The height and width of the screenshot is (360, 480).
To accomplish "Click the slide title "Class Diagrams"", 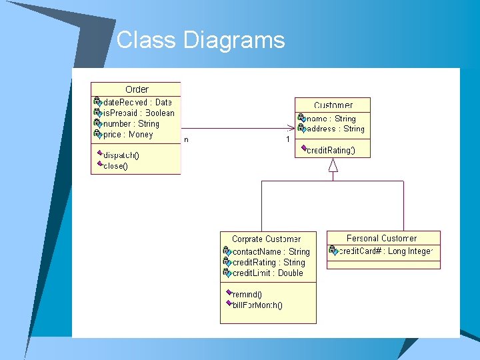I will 201,41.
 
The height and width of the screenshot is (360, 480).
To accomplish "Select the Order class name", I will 137,89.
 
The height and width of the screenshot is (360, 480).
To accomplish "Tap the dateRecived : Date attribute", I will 137,102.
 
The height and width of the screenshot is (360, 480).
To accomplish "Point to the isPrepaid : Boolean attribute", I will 138,113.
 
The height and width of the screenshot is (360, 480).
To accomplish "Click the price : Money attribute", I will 128,134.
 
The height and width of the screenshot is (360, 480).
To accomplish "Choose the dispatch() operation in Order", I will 121,155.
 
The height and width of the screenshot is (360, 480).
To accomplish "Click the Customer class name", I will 333,105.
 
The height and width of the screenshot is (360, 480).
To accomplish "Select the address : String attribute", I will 335,129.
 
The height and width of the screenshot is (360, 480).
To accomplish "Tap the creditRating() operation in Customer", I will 330,150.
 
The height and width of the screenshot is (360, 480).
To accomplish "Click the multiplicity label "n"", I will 186,139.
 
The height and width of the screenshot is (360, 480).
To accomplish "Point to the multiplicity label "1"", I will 288,139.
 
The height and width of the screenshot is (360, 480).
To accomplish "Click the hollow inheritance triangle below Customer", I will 333,165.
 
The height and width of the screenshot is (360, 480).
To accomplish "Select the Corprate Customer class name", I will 266,239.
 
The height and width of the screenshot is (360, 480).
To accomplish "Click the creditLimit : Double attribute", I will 267,273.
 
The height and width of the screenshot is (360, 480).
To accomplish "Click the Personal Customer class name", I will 381,238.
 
